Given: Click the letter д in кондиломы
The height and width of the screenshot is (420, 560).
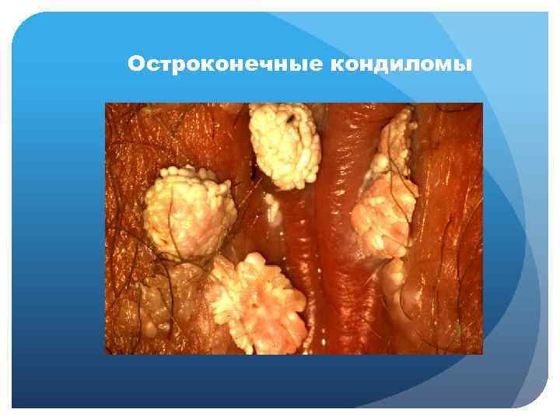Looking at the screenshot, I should coord(388,64).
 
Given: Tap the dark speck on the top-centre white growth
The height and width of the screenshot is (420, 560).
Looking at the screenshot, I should coord(289,120).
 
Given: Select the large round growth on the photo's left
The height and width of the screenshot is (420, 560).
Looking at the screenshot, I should coord(189,211).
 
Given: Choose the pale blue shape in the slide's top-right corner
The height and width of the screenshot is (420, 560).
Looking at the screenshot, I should coord(513,47).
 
